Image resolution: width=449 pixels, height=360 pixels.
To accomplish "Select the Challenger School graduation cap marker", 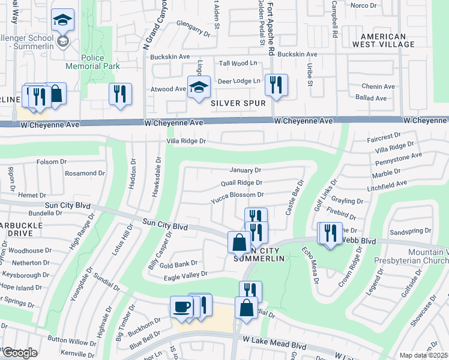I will (62, 21).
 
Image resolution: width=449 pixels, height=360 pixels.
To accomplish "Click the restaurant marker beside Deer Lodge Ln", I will (276, 85).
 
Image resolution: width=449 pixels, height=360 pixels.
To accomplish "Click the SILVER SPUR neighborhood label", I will (238, 103).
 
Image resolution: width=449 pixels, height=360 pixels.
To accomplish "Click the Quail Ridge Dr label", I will (242, 182).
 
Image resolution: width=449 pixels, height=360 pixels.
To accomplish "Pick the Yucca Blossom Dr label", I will (237, 194).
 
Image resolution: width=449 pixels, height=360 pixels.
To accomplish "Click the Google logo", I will (19, 352).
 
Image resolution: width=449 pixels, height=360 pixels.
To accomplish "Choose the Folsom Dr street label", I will (52, 161).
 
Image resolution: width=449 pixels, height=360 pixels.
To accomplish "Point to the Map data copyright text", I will (424, 355).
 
